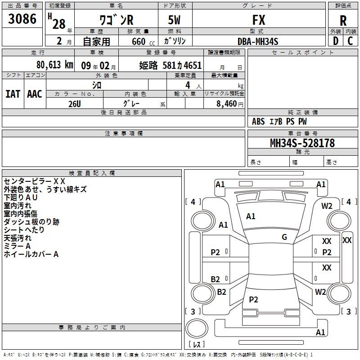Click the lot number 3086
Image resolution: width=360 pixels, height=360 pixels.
[x=22, y=18]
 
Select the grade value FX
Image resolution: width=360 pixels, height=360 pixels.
[x=259, y=20]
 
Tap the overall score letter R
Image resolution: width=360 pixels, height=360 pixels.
[x=343, y=20]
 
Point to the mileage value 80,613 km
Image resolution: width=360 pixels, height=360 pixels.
[x=55, y=65]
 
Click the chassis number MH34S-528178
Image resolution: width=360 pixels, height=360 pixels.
[x=302, y=143]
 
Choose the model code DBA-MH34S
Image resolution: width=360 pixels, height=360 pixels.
[x=258, y=41]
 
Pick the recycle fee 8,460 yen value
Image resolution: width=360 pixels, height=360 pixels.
[x=230, y=104]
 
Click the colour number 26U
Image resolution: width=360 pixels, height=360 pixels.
[x=75, y=104]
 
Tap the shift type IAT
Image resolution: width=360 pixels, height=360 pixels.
[x=13, y=94]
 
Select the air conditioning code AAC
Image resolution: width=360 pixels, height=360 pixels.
[x=35, y=94]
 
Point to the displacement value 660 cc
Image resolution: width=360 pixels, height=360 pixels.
[x=143, y=41]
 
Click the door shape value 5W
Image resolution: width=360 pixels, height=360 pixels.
[x=174, y=20]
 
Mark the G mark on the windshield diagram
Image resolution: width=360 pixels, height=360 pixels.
[x=284, y=237]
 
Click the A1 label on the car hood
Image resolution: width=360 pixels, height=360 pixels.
[x=251, y=216]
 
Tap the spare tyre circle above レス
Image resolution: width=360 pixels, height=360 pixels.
[x=197, y=328]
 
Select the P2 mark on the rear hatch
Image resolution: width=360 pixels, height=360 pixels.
[x=253, y=299]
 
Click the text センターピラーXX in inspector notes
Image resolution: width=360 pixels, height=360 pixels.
[x=35, y=181]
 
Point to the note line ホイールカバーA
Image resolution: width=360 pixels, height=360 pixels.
[x=31, y=254]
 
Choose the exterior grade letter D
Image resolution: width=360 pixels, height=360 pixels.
[x=336, y=41]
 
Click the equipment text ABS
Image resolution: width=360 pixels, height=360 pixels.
[x=258, y=121]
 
